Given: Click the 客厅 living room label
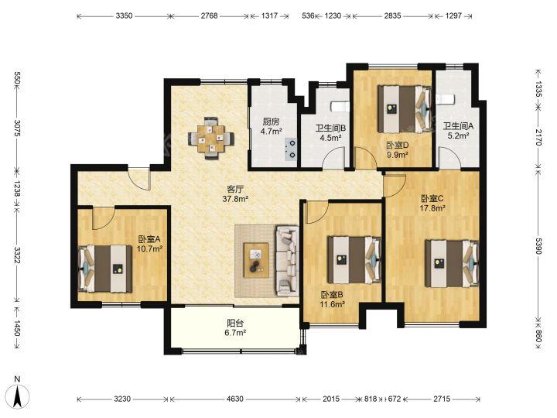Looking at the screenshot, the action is point(235,190).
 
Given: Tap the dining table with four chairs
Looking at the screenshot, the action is point(211,138).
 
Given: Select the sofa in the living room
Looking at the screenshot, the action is point(287,261).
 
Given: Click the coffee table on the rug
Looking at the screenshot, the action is point(256,260).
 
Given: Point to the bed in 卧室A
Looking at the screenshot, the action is point(104,269).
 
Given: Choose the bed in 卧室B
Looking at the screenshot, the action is point(354,260).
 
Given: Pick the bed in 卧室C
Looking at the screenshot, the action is point(452,263).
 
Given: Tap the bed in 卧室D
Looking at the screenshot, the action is point(405,108).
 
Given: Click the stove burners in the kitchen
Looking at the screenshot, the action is point(292,149).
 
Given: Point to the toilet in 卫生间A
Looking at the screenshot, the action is point(445,99).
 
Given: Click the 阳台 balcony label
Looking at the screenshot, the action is point(235,323).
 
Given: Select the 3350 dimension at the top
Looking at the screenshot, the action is point(124,15).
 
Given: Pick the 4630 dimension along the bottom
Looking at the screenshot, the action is point(235,399).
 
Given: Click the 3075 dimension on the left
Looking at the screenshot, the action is point(17,128).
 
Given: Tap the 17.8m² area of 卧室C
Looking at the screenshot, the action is point(432,208).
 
